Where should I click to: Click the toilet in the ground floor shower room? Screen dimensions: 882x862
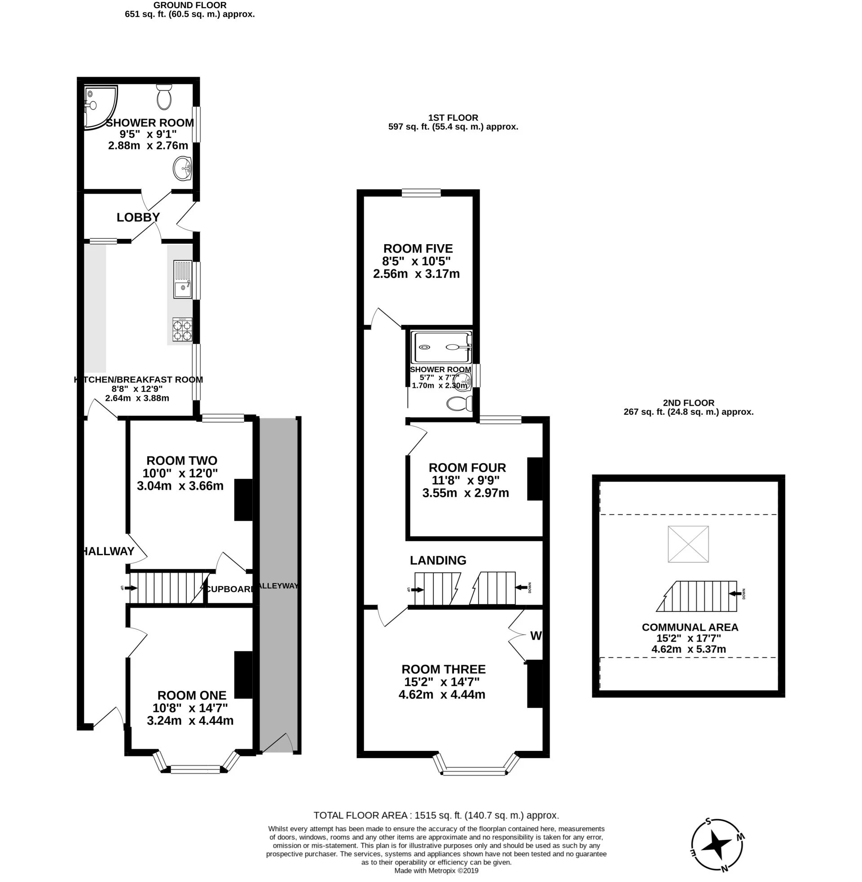tap(164, 97)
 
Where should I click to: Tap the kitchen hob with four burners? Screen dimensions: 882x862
tap(182, 329)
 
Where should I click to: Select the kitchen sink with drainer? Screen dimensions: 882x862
tap(182, 279)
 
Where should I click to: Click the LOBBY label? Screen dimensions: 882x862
tap(138, 217)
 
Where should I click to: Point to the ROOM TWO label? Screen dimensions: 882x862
tap(181, 461)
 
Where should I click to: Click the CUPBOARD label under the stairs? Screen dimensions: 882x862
tap(229, 589)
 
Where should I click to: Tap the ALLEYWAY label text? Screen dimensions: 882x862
tap(278, 586)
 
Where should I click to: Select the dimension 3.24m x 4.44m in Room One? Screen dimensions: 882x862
tap(190, 720)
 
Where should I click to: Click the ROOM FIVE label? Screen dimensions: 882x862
tap(418, 249)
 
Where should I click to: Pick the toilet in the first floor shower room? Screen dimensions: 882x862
tap(459, 403)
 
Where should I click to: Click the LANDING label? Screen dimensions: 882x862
tap(438, 560)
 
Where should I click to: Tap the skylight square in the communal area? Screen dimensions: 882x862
tap(688, 544)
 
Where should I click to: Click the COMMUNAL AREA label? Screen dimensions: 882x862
tap(690, 627)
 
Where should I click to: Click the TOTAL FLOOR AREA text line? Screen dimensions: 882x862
tap(436, 816)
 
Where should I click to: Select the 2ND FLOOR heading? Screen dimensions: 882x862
tap(688, 403)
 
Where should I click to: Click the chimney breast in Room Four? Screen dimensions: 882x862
tap(535, 479)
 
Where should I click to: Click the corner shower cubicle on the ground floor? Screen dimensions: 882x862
tap(100, 107)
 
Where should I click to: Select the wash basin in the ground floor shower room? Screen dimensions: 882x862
tap(182, 168)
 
